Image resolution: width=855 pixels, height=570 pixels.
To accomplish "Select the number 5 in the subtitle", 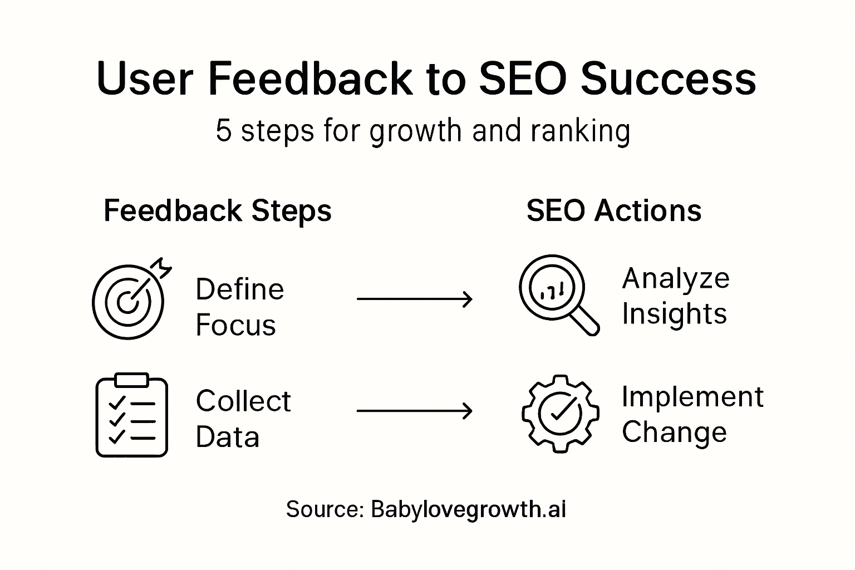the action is coord(224,131).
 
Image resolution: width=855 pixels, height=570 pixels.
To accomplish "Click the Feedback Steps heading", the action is coord(218,211).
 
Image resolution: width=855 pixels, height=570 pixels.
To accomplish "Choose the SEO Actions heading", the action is coord(614,210).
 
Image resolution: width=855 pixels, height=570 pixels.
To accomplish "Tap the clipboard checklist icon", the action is coord(132,415).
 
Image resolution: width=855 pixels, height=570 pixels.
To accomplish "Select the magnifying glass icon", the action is coord(559,295).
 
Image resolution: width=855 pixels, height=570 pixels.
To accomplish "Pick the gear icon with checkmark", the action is coord(561,414).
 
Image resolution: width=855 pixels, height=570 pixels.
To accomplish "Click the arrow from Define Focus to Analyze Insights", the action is coord(415,299).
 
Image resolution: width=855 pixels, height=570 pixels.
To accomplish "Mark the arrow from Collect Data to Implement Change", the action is coord(415,411).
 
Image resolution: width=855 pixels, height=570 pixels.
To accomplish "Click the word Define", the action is coord(240,289).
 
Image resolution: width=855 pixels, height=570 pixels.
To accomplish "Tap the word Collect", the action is coord(243,401).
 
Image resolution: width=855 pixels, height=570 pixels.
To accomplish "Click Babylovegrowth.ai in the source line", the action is coord(468,509).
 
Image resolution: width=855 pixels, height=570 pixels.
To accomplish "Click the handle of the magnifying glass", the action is coord(584,321).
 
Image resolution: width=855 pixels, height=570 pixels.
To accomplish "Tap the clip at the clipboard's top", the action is coord(132,380).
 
